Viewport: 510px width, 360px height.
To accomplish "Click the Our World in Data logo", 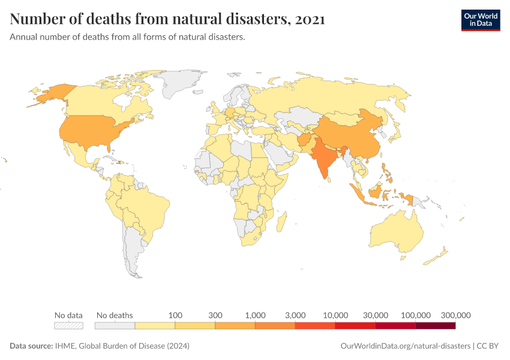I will click(480, 20).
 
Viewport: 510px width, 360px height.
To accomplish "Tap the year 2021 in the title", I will click(310, 19).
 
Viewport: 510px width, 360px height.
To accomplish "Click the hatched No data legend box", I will click(68, 325).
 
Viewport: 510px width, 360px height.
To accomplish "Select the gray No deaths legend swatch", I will click(115, 325).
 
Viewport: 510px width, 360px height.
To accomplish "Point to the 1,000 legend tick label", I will click(255, 315).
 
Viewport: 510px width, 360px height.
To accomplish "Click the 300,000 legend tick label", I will click(455, 315).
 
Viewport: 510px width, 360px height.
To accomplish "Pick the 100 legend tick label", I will click(175, 315).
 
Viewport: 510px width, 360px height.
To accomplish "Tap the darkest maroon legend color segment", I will click(435, 325).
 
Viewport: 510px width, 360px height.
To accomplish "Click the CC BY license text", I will click(488, 346).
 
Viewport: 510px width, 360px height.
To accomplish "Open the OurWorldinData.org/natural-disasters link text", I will click(405, 346).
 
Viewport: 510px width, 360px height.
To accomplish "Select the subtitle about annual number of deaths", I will click(127, 37).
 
